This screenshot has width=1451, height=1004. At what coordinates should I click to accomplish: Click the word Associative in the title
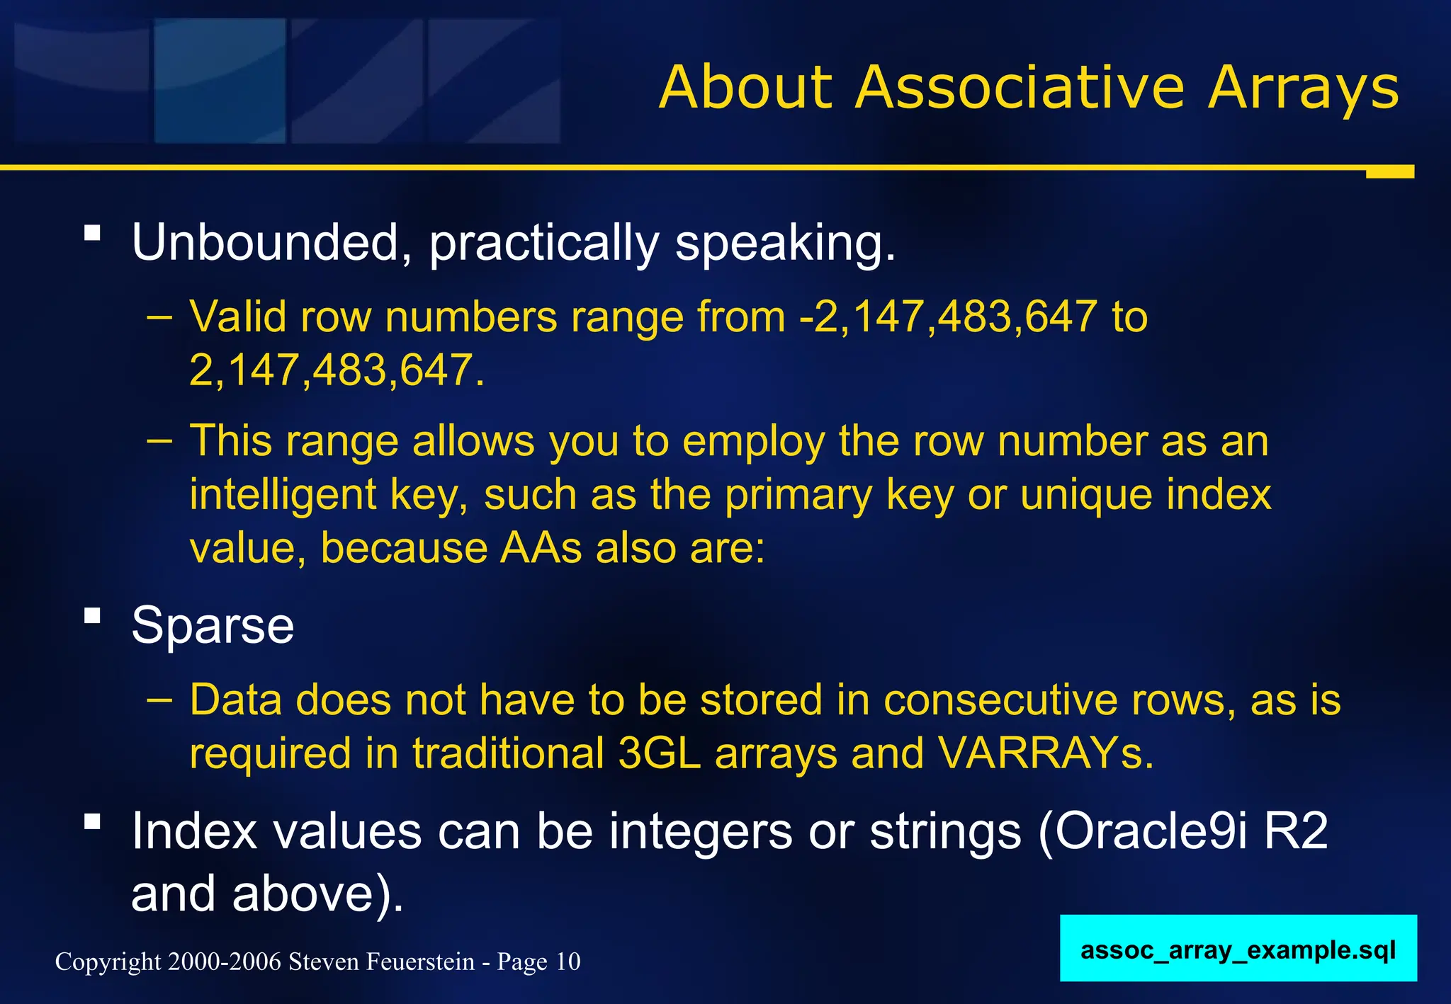click(x=1020, y=88)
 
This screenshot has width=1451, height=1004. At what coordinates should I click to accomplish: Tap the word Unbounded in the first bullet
click(x=267, y=243)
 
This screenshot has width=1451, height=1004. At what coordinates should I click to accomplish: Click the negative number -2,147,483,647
click(x=948, y=316)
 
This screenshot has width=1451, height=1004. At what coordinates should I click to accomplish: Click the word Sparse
click(x=213, y=626)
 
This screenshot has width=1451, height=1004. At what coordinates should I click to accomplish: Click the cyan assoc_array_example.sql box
click(x=1238, y=949)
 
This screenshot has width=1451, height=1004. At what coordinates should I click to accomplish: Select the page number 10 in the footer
click(x=568, y=962)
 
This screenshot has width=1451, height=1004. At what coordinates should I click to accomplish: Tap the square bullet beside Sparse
click(x=92, y=615)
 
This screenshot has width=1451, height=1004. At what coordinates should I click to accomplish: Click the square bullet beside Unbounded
click(x=92, y=233)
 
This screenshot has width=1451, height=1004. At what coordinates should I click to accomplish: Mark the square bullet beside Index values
click(x=92, y=821)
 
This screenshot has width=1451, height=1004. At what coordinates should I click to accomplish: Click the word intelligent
click(x=283, y=495)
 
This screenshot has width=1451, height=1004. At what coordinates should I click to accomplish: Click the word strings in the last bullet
click(x=945, y=831)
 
